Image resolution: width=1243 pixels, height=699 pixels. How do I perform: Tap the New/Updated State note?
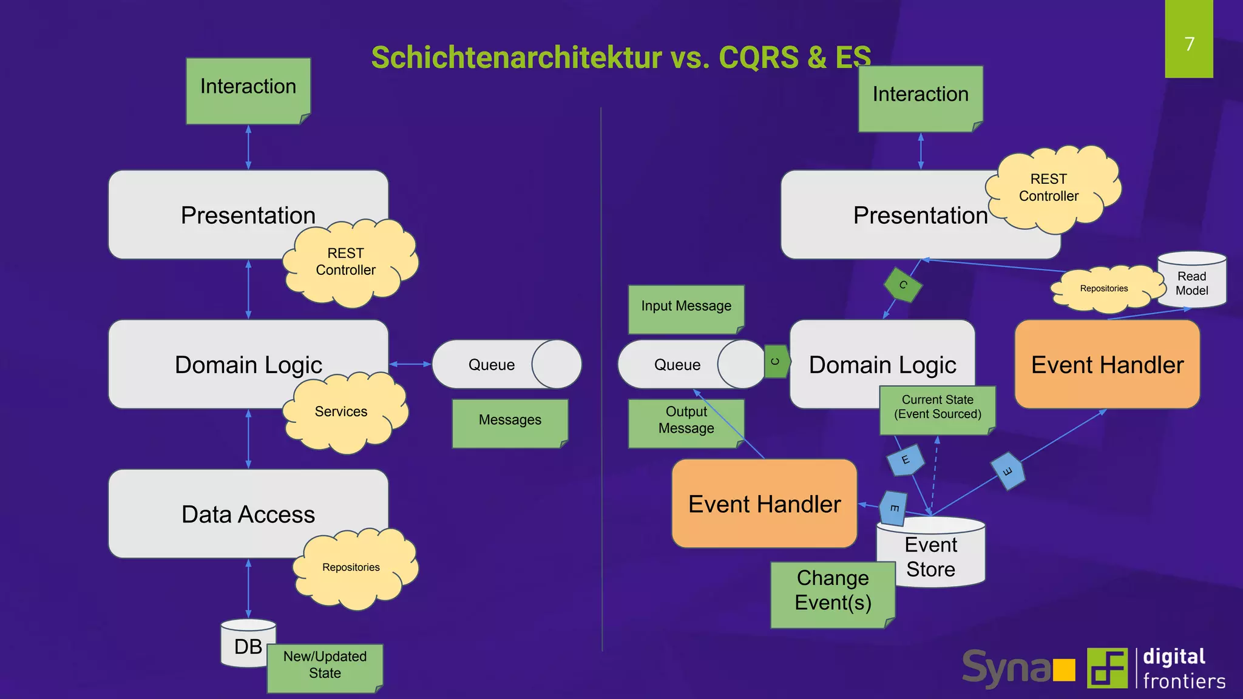(x=325, y=667)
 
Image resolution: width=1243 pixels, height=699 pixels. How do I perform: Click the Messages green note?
(x=509, y=422)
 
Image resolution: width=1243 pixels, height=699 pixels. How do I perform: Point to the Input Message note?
(x=686, y=308)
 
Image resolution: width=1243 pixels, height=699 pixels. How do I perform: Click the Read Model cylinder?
(x=1191, y=281)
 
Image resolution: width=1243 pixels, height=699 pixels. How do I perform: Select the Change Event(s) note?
(x=832, y=593)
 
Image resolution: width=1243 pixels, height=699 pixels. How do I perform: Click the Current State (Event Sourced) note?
(x=937, y=408)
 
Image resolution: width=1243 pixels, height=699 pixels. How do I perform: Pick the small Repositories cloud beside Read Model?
(x=1103, y=289)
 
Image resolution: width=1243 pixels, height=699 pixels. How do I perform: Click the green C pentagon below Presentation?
(x=903, y=285)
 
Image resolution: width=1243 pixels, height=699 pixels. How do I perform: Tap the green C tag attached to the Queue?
(x=776, y=362)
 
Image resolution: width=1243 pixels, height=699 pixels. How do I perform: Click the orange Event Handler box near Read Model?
(x=1106, y=365)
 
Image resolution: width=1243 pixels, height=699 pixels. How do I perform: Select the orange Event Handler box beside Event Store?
(x=764, y=504)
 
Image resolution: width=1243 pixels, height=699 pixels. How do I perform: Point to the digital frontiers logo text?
(x=1183, y=669)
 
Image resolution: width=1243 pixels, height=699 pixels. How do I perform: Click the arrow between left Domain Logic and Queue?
(x=410, y=364)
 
